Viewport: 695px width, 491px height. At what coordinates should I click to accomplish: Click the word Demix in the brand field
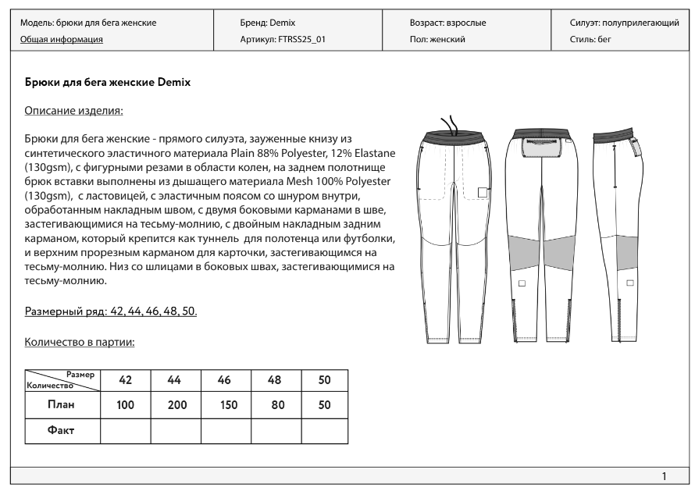pyautogui.click(x=282, y=23)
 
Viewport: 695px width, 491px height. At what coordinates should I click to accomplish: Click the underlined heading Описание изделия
pyautogui.click(x=74, y=111)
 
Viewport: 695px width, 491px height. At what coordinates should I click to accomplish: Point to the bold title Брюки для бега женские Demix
pyautogui.click(x=108, y=81)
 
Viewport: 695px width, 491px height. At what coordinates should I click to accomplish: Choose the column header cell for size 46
pyautogui.click(x=226, y=379)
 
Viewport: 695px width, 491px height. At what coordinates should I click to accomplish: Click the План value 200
pyautogui.click(x=175, y=405)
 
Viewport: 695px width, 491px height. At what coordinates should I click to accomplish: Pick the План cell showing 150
pyautogui.click(x=226, y=405)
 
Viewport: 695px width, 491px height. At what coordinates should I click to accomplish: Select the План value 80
pyautogui.click(x=276, y=405)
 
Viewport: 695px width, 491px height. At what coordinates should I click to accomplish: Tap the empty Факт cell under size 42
pyautogui.click(x=125, y=431)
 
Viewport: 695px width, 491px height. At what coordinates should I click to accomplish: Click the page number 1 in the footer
pyautogui.click(x=664, y=476)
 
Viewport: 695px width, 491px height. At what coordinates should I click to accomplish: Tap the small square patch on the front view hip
pyautogui.click(x=483, y=193)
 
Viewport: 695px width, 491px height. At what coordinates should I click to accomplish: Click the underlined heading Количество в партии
pyautogui.click(x=80, y=341)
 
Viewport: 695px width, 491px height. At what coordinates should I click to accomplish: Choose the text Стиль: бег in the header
pyautogui.click(x=591, y=38)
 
